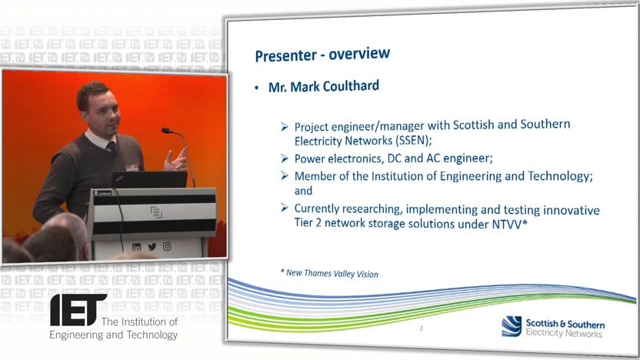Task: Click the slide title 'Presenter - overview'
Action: coord(322,55)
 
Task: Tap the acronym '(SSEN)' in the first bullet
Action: coord(414,141)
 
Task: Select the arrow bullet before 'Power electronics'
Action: coord(285,158)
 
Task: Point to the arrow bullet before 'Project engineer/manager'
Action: coord(285,127)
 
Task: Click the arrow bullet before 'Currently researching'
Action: coord(285,208)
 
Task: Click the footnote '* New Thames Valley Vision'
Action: coord(329,273)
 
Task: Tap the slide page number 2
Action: coord(422,328)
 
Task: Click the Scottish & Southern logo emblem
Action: coord(512,326)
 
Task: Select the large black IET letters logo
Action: coord(78,310)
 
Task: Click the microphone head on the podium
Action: coord(166,131)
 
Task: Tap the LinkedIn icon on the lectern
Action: coord(136,248)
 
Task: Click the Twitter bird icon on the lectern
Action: coord(152,247)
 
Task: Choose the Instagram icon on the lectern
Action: coord(167,246)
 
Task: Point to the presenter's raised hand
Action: coord(175,161)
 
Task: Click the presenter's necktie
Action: coord(111,146)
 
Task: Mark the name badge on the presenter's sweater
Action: coord(132,168)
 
